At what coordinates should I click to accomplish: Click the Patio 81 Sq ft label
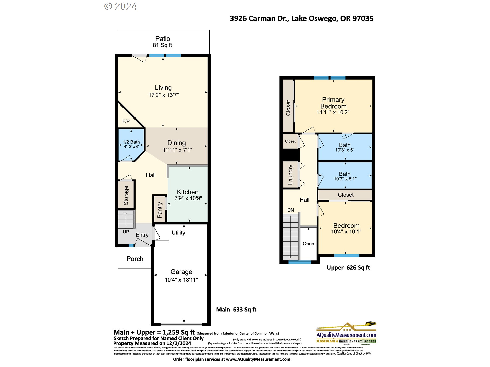click(163, 42)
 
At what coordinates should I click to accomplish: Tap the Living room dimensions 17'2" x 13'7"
click(164, 95)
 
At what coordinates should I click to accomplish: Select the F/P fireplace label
click(126, 121)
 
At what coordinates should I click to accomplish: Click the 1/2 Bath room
click(131, 144)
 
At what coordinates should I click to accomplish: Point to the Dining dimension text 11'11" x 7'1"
click(177, 150)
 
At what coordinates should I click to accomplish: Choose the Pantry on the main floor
click(160, 210)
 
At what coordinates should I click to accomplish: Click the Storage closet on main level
click(126, 195)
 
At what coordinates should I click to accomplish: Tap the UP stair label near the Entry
click(126, 232)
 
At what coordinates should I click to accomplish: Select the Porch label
click(135, 259)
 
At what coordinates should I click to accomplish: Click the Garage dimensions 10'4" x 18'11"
click(181, 280)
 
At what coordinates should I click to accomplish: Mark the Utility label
click(178, 233)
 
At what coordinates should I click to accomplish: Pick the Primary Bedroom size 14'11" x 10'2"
click(333, 112)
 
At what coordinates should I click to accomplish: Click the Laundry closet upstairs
click(290, 175)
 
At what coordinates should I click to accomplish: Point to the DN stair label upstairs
click(291, 210)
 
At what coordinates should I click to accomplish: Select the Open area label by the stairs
click(308, 244)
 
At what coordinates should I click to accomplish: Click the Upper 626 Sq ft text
click(348, 268)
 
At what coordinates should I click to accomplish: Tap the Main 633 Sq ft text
click(236, 310)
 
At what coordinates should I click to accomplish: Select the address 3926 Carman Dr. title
click(301, 19)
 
